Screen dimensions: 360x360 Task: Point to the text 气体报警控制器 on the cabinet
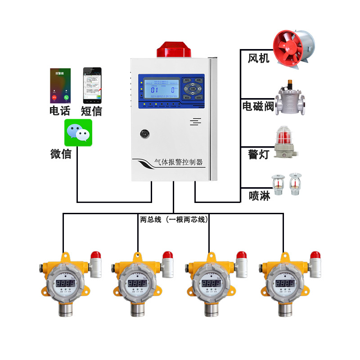click(x=178, y=162)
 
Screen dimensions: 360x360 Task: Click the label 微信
click(x=61, y=154)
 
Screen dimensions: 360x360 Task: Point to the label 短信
click(x=91, y=111)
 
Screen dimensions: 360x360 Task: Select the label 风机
click(x=259, y=58)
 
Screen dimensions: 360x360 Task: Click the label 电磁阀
click(x=258, y=106)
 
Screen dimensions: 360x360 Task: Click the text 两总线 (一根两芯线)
click(x=174, y=220)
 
